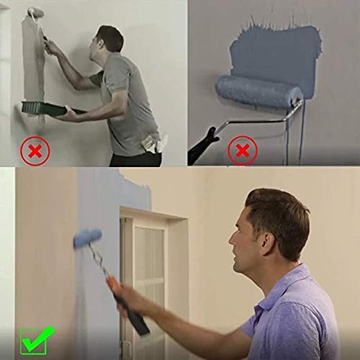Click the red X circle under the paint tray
point(33,150)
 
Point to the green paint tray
point(42,107)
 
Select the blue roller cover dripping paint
point(257,90)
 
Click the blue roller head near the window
point(87,238)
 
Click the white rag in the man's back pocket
point(155,144)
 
